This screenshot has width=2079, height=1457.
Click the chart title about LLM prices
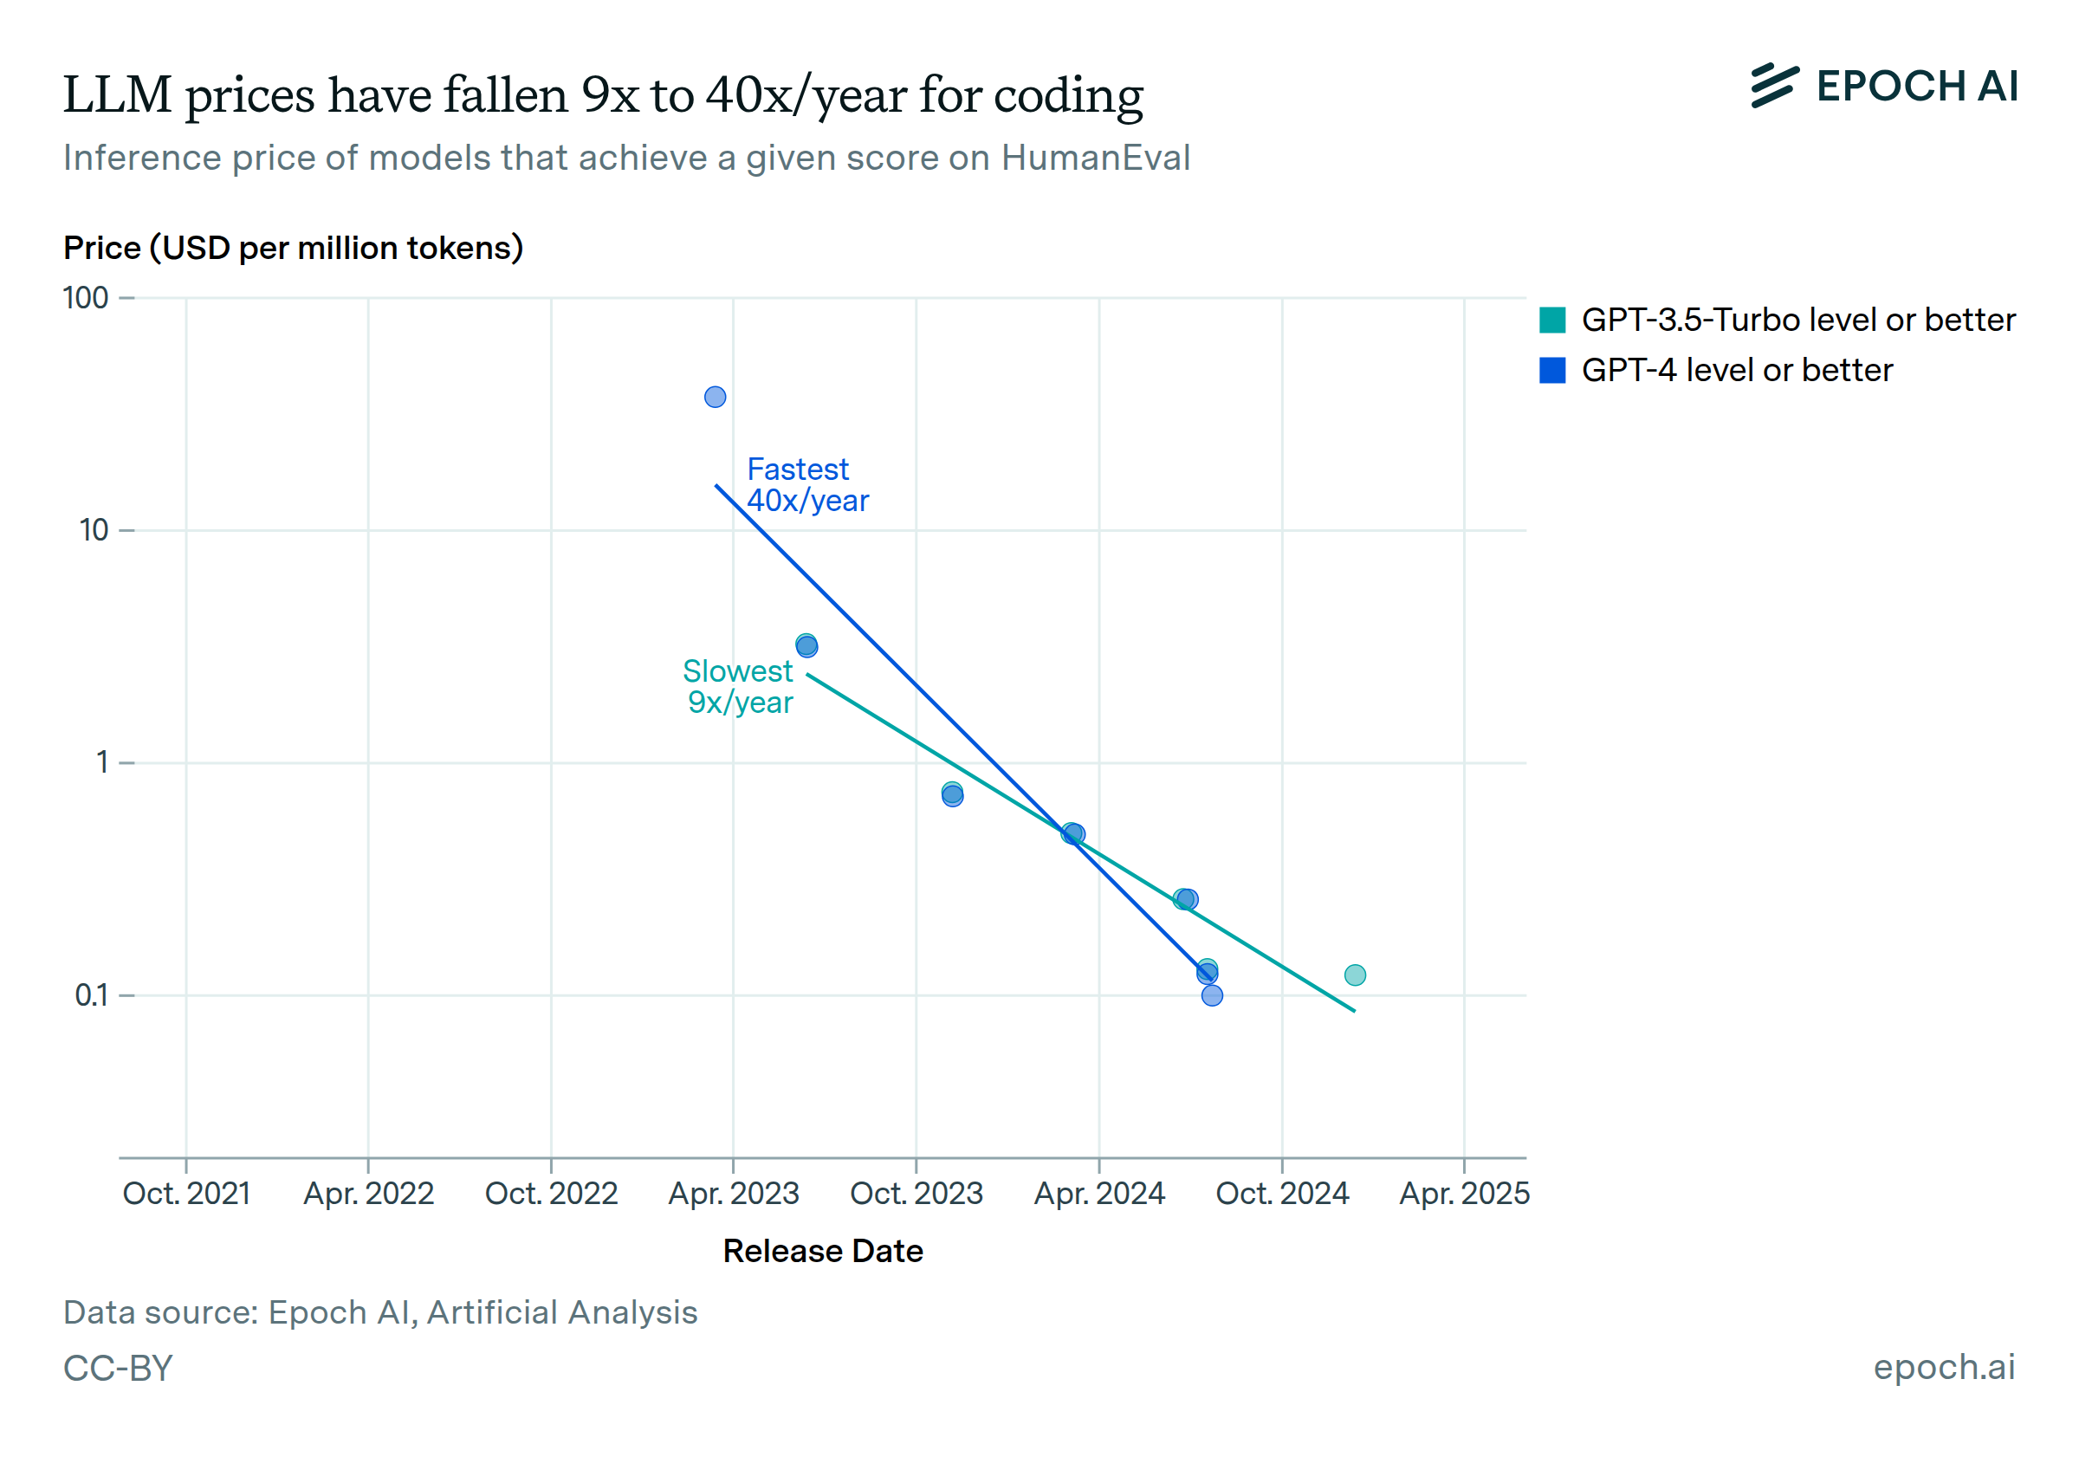602,95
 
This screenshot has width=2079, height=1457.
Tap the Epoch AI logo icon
1773,86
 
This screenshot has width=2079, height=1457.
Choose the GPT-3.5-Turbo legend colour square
1552,321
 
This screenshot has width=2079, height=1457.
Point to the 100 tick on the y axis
86,298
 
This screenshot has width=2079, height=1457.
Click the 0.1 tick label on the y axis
92,995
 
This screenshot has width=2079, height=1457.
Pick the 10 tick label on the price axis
94,530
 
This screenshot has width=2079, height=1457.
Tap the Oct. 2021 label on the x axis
186,1194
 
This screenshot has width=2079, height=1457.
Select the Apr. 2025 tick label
1464,1194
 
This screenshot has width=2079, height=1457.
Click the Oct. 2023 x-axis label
916,1194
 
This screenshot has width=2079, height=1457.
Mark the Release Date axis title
822,1251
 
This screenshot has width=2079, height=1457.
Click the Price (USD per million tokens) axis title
294,248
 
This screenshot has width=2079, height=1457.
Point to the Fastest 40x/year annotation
806,485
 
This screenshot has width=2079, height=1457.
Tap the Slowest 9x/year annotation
738,686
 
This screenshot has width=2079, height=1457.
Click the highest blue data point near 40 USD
716,397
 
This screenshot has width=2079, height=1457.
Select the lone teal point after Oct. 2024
1355,975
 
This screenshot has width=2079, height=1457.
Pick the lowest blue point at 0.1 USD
1213,996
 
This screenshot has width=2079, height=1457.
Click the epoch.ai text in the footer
1943,1366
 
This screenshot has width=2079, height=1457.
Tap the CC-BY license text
118,1369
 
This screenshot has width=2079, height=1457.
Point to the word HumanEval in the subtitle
1096,159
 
